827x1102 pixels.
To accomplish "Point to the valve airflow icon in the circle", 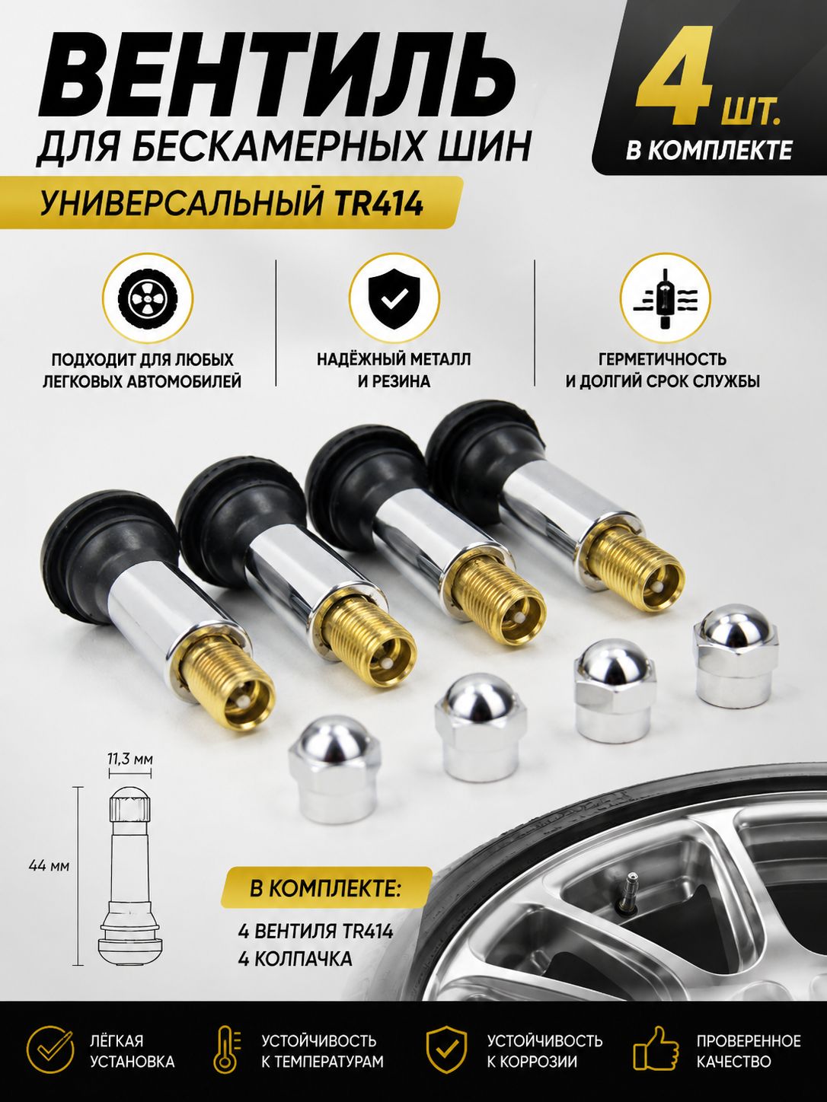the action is pyautogui.click(x=666, y=302).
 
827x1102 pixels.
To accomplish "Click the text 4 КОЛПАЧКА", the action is pyautogui.click(x=295, y=959).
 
